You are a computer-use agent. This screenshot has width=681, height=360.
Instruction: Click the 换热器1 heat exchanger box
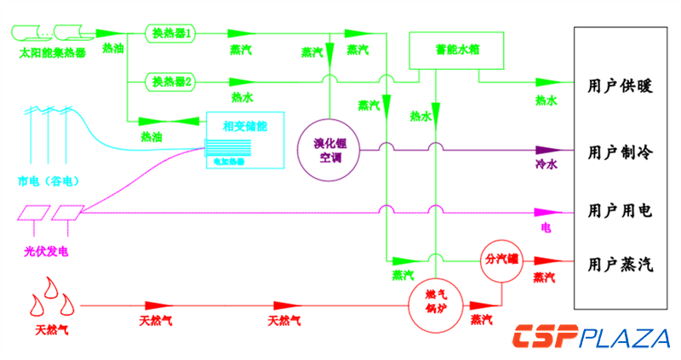[171, 33]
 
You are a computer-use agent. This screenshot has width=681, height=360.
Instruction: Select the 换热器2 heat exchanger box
[171, 82]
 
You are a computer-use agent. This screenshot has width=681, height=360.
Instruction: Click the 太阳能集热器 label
[52, 53]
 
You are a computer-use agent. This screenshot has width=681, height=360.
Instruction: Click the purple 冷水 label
[546, 164]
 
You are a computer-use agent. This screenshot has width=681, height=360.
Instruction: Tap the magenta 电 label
[546, 228]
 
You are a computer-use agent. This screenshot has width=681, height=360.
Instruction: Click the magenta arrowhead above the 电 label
[548, 212]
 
